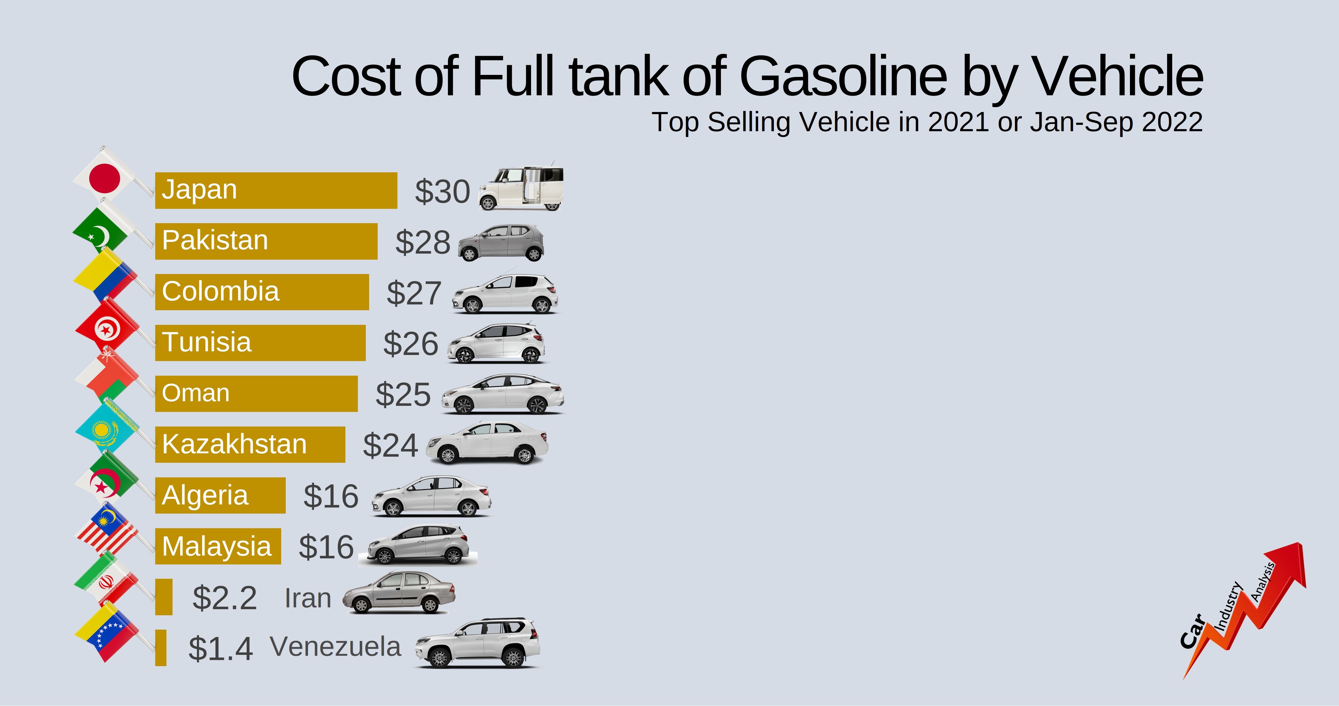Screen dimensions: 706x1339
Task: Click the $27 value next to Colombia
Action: coord(414,293)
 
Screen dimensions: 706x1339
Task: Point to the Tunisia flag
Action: coord(107,328)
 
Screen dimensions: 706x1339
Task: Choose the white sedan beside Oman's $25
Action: coord(502,394)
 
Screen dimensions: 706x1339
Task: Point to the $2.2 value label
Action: coord(225,598)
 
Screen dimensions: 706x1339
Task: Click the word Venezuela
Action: coord(335,647)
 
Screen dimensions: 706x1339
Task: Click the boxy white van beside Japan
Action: coord(521,188)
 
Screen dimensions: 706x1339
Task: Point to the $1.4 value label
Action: coord(220,649)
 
